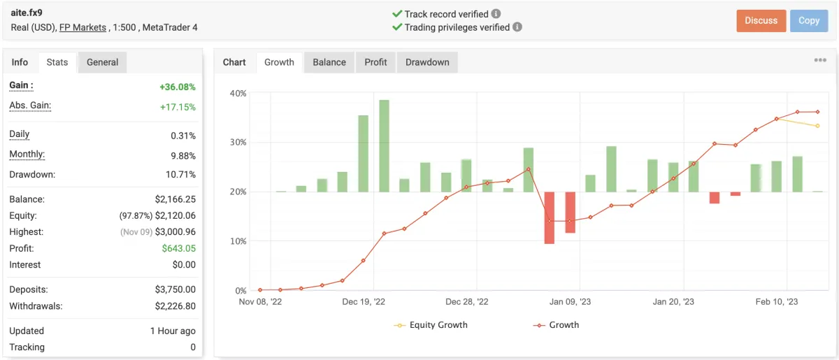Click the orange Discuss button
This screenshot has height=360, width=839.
761,21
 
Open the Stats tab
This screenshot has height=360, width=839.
57,62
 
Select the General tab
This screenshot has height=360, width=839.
102,62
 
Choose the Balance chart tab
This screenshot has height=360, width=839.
329,62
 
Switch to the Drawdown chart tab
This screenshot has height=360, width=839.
427,62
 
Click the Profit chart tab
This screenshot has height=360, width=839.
375,62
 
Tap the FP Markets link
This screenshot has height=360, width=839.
83,27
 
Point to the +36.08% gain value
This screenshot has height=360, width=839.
178,87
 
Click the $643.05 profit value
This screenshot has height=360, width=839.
179,248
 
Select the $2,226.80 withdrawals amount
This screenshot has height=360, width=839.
175,305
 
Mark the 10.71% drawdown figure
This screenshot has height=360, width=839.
181,174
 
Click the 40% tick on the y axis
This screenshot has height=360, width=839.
238,94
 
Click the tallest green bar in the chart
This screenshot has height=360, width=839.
384,145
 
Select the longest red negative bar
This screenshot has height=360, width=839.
550,217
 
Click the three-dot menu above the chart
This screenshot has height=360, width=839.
820,61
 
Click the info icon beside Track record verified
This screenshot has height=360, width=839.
496,13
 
